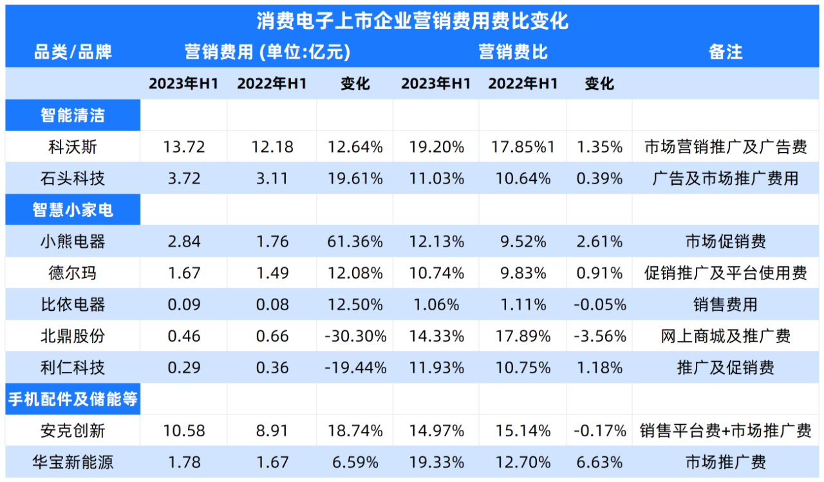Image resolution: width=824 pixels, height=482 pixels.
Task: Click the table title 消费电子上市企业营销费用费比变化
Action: pyautogui.click(x=412, y=21)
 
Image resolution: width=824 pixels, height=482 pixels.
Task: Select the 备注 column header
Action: pyautogui.click(x=726, y=52)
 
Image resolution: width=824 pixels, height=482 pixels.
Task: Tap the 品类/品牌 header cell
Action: pyautogui.click(x=73, y=52)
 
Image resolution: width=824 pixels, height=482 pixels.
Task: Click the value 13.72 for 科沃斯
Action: pyautogui.click(x=183, y=147)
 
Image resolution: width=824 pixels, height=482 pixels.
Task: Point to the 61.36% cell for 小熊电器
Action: pyautogui.click(x=355, y=242)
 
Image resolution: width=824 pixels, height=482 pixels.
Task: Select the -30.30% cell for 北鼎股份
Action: pyautogui.click(x=355, y=336)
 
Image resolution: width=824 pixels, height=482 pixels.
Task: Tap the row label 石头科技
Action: pyautogui.click(x=73, y=178)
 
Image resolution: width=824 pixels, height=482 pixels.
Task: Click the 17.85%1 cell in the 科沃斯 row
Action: pyautogui.click(x=522, y=147)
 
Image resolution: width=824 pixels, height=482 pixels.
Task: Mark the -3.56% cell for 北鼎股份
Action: pyautogui.click(x=599, y=336)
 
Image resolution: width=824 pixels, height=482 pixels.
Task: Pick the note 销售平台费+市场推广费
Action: pyautogui.click(x=726, y=431)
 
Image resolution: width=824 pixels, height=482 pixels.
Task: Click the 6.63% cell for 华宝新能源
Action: pyautogui.click(x=599, y=462)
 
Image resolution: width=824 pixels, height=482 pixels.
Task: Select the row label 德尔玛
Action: pyautogui.click(x=73, y=273)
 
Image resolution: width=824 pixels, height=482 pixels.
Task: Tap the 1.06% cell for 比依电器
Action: pyautogui.click(x=436, y=304)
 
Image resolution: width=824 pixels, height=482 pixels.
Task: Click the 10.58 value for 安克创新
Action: pyautogui.click(x=183, y=431)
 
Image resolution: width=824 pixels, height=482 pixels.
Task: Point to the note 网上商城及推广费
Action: pyautogui.click(x=726, y=336)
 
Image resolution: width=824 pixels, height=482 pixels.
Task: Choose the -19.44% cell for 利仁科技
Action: pyautogui.click(x=355, y=367)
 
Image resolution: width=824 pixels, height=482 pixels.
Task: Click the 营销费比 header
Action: pyautogui.click(x=513, y=52)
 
